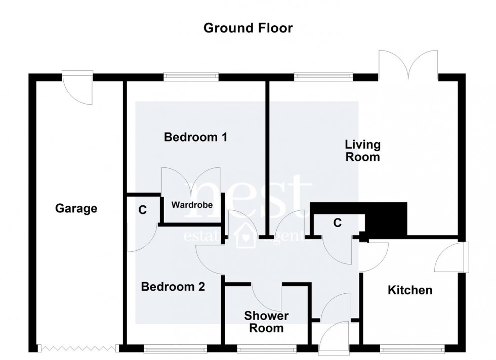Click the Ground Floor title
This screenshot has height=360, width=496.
(x=247, y=28)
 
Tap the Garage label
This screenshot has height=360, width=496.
(x=76, y=208)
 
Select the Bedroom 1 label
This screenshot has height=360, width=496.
(x=195, y=137)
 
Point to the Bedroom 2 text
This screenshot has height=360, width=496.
(x=173, y=287)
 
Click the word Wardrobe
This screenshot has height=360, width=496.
(x=191, y=205)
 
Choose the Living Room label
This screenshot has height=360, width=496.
(x=362, y=151)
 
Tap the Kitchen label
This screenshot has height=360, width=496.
(x=410, y=290)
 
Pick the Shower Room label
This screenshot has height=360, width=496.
(x=266, y=322)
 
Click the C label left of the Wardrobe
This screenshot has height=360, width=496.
(x=143, y=210)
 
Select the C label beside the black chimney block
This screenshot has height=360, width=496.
(x=337, y=222)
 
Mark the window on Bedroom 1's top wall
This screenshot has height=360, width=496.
(x=191, y=77)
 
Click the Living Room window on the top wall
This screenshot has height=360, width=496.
(x=322, y=77)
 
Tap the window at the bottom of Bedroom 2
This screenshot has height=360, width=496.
(x=175, y=348)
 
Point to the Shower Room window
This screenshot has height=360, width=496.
(x=266, y=348)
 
